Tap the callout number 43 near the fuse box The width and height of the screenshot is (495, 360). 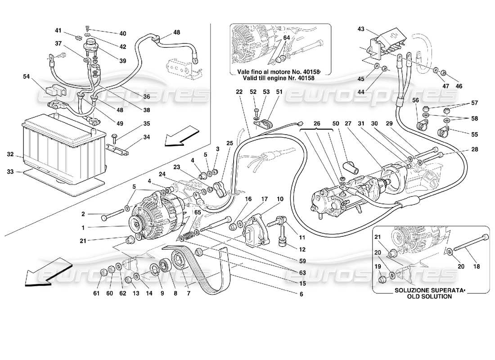click(x=360, y=29)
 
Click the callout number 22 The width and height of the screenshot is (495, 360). click(x=238, y=91)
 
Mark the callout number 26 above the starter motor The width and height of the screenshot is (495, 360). click(x=317, y=124)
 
